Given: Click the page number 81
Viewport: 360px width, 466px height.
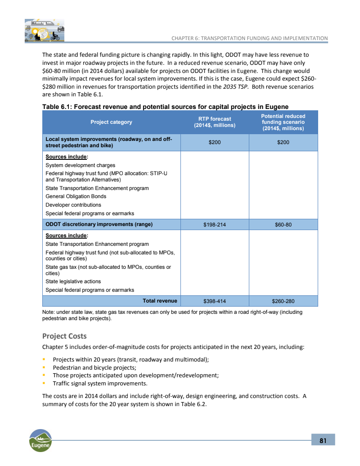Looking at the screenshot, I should pos(323,440).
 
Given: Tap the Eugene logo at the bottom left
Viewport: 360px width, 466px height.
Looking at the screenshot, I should pos(40,440).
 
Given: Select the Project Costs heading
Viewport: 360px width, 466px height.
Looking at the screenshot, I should pos(64,336).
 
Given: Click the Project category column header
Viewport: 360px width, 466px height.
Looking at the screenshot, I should pos(111,122).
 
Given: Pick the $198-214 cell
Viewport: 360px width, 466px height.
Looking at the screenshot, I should pos(214,225).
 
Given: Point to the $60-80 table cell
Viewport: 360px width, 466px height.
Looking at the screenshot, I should pos(283,225).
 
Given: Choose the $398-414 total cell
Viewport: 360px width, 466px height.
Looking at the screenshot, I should pos(214,301).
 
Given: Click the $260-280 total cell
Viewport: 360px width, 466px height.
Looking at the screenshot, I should pos(283,301).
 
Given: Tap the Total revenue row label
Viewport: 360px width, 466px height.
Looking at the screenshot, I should pos(160,300).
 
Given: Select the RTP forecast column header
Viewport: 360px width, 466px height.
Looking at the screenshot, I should pos(215,122).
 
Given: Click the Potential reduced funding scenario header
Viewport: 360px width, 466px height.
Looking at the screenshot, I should pos(283,122).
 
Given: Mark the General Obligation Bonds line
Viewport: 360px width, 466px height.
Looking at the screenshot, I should pos(76,196).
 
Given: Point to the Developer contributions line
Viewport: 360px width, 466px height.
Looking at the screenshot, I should pos(73,205).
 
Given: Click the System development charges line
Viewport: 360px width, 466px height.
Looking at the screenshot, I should pos(80,165).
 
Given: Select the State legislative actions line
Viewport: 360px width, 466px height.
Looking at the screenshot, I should pos(73,281).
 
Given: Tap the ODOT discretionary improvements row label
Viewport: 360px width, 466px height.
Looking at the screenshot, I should pos(99,224).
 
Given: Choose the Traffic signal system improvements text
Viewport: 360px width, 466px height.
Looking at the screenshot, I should pos(100,384).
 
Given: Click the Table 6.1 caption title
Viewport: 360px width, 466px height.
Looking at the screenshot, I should pos(165,106).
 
